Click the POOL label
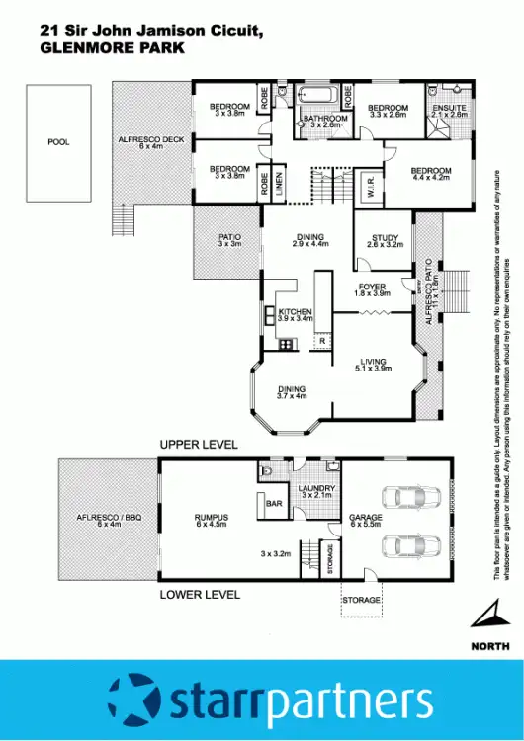pyautogui.click(x=59, y=142)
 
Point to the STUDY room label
pyautogui.click(x=384, y=238)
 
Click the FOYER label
pyautogui.click(x=373, y=288)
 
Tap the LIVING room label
pyautogui.click(x=374, y=362)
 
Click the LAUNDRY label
pyautogui.click(x=317, y=488)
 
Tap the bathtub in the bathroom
pyautogui.click(x=318, y=98)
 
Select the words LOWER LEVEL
pyautogui.click(x=201, y=595)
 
